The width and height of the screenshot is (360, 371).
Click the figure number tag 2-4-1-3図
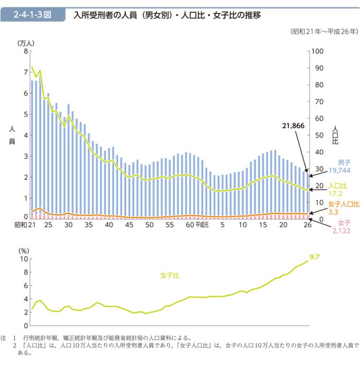tap(33, 14)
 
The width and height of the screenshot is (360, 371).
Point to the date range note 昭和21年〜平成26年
tap(324, 32)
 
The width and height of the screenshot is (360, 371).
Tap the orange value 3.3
tap(333, 211)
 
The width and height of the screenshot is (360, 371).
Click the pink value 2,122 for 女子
tap(342, 231)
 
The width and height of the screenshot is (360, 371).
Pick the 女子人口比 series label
tap(344, 203)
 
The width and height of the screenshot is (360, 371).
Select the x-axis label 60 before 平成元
tap(189, 225)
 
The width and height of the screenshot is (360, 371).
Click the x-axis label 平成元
tap(202, 226)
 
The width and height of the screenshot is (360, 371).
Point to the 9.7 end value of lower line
tap(314, 257)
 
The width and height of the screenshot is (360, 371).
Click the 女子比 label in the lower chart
tap(169, 275)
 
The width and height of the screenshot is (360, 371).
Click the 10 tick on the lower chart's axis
tap(24, 259)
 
